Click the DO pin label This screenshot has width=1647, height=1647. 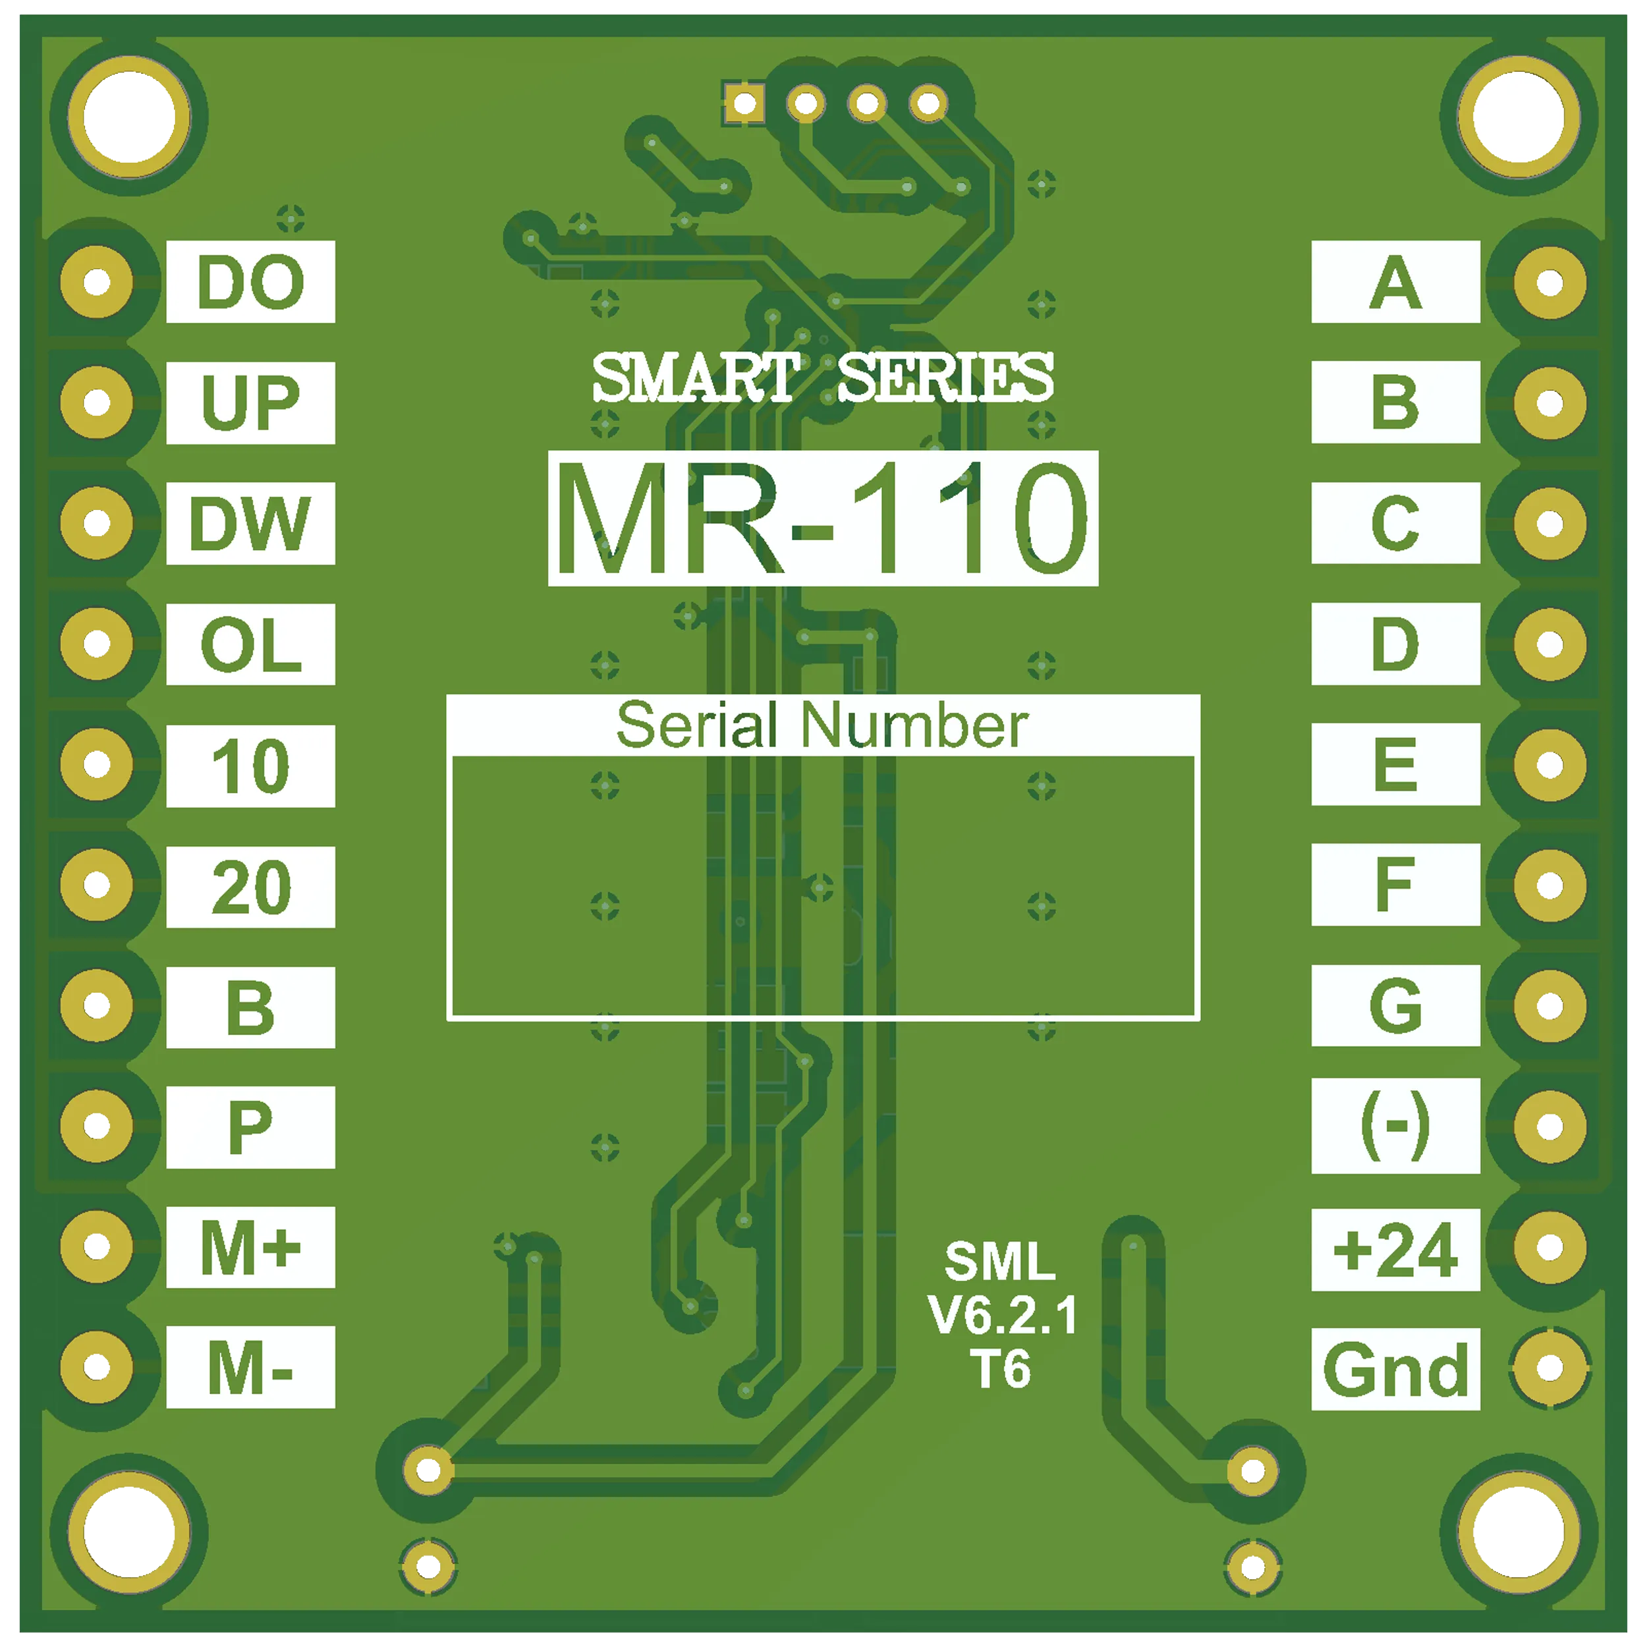coord(250,281)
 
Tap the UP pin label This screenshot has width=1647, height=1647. coord(250,403)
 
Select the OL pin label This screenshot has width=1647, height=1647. coord(250,644)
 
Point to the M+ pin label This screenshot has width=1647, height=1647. coord(250,1247)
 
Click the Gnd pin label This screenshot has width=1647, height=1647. coord(1395,1369)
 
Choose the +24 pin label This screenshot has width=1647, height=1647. coord(1395,1250)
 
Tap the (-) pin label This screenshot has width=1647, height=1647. coord(1395,1125)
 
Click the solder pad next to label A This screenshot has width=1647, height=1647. coord(1549,282)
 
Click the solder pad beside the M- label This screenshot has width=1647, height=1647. coord(96,1368)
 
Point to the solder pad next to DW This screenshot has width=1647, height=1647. coord(96,522)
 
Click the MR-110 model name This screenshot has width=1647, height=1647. coord(823,518)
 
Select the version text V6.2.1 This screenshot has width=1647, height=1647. coord(1003,1316)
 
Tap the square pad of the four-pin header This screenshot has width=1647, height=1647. coord(744,104)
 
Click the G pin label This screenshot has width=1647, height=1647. coord(1395,1005)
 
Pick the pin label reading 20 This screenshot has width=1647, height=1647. coord(250,887)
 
